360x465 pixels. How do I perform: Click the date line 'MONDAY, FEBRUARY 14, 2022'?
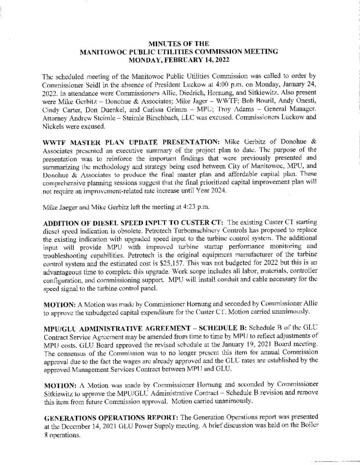(180, 59)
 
